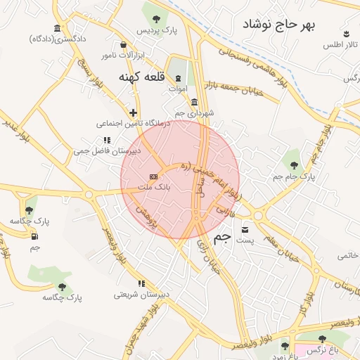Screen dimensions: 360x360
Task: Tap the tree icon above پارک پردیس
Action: pos(154,18)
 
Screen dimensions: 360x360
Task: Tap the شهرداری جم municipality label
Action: pos(193,112)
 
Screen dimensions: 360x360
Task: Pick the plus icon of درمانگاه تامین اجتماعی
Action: pos(133,112)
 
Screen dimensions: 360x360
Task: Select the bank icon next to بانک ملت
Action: pos(153,176)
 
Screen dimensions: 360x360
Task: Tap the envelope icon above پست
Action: pos(245,229)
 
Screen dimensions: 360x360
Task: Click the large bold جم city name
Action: pos(221,238)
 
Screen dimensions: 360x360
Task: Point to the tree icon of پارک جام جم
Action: pos(294,165)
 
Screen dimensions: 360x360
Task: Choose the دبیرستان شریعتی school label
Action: pos(143,294)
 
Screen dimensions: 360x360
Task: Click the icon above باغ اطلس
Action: pos(346,34)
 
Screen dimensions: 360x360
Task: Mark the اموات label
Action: pos(178,89)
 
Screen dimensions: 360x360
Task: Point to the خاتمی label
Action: pos(349,255)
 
